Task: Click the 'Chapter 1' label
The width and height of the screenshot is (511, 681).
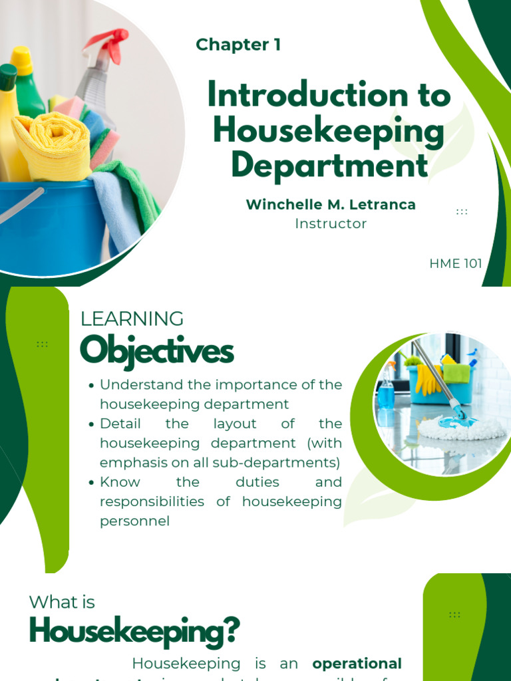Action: (x=238, y=45)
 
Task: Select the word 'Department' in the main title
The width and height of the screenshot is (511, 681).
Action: (x=329, y=164)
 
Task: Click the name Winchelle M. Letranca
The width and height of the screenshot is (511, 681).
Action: (x=331, y=205)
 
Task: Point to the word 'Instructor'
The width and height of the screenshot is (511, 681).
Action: (x=331, y=223)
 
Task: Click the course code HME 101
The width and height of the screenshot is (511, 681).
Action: (x=456, y=263)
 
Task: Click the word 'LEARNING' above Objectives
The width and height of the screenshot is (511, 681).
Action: (x=132, y=319)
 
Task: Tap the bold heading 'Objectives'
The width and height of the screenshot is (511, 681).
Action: (x=156, y=351)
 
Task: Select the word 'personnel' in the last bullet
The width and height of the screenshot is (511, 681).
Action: (x=134, y=521)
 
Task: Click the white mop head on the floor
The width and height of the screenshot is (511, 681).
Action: (x=459, y=429)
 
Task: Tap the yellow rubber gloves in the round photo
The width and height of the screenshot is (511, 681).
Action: (x=428, y=378)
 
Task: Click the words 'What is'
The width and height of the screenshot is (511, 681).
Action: (x=62, y=603)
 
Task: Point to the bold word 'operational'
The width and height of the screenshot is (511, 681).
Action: (x=357, y=664)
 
